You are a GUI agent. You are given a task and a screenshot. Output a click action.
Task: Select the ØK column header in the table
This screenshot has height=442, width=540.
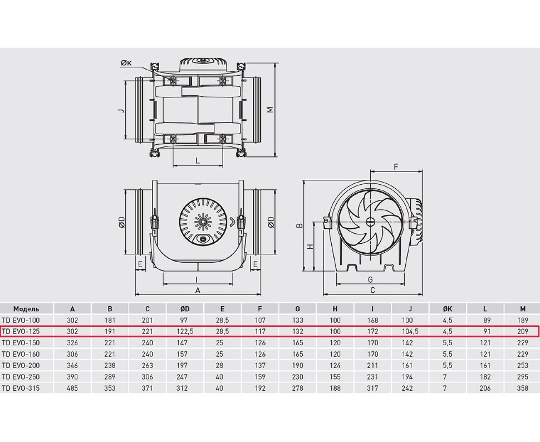click(x=447, y=308)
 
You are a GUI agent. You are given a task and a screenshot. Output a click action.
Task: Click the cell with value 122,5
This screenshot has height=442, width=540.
click(x=185, y=331)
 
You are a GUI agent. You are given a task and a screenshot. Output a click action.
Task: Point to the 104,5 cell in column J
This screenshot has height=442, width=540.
click(x=410, y=331)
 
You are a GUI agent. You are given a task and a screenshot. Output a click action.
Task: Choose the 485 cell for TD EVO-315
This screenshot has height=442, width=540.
click(x=72, y=388)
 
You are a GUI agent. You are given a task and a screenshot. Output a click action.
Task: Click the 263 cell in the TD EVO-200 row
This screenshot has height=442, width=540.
click(x=148, y=365)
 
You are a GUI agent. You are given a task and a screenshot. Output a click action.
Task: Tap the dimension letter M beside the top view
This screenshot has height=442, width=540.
click(x=269, y=110)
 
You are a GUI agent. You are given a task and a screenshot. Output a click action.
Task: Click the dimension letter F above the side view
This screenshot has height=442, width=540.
click(x=396, y=166)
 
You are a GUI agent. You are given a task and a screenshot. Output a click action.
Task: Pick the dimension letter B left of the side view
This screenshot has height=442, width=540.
click(x=298, y=225)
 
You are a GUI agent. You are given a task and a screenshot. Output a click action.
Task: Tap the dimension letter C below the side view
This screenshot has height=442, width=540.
click(x=372, y=290)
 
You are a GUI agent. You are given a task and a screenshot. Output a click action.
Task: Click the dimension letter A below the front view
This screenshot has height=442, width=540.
click(x=197, y=290)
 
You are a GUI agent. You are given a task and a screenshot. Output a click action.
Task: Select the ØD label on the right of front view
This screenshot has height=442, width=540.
click(x=270, y=222)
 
